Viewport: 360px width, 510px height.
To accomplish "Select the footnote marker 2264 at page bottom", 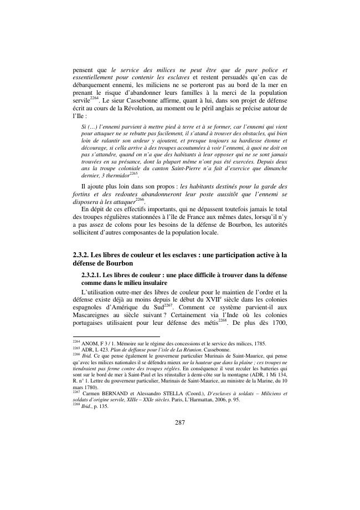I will [x=76, y=342].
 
